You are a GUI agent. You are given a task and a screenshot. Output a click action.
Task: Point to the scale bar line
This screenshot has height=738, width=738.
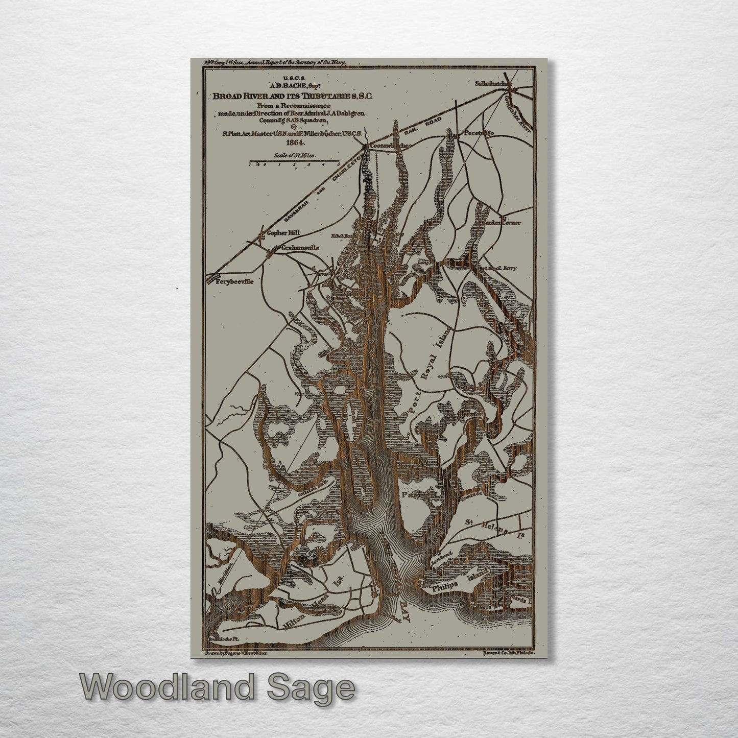tap(294, 162)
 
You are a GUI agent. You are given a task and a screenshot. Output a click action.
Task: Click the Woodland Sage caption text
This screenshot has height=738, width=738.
tap(217, 688)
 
